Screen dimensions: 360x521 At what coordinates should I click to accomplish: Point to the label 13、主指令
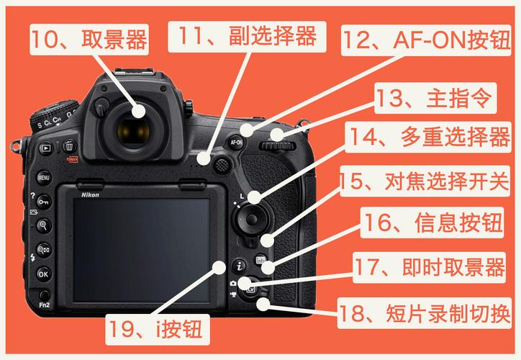434,99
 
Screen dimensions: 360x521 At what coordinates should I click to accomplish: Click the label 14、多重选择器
430,139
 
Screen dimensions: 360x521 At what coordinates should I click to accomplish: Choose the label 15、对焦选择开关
425,181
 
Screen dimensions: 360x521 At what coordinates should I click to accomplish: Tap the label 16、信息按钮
435,223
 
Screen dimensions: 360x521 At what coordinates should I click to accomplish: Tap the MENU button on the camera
43,177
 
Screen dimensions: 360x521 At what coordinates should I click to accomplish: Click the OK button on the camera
43,274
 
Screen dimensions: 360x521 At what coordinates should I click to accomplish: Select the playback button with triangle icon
45,148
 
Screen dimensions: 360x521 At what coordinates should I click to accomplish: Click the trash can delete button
68,145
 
